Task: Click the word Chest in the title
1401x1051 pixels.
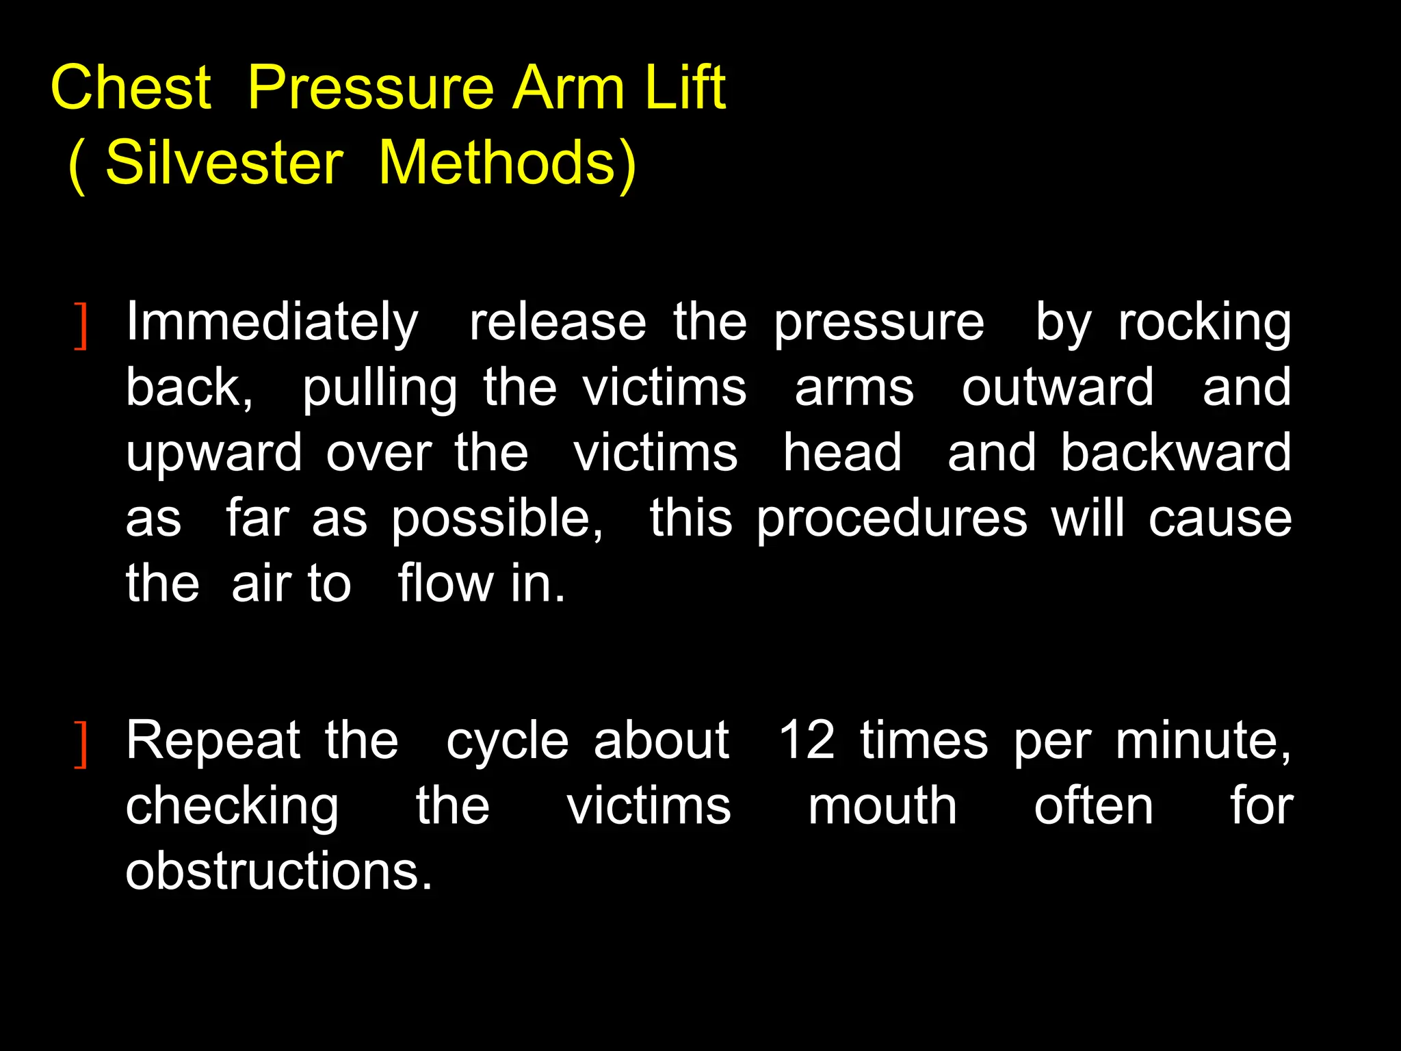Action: pyautogui.click(x=131, y=88)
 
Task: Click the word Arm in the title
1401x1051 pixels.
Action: pyautogui.click(x=568, y=88)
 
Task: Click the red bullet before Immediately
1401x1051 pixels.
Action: pyautogui.click(x=81, y=326)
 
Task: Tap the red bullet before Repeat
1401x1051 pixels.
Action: pyautogui.click(x=81, y=745)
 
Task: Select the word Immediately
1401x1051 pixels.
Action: pyautogui.click(x=272, y=322)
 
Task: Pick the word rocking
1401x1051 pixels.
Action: pyautogui.click(x=1205, y=322)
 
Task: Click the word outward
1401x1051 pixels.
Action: pyautogui.click(x=1058, y=387)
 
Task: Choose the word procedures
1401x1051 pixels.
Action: pyautogui.click(x=892, y=518)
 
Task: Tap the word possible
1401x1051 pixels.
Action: pyautogui.click(x=497, y=518)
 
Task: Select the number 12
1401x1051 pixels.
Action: pyautogui.click(x=807, y=740)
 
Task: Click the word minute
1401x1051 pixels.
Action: pyautogui.click(x=1203, y=740)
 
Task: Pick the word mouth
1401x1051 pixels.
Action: pyautogui.click(x=882, y=806)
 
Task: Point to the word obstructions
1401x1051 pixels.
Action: pyautogui.click(x=279, y=872)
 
